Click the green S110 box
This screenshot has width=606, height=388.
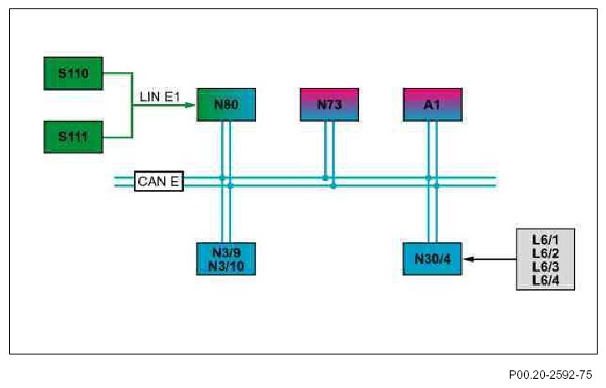click(x=73, y=73)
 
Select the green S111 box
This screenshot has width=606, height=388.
click(x=73, y=136)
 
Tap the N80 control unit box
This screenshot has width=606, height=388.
click(x=226, y=105)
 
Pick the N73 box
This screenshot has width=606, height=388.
click(x=329, y=105)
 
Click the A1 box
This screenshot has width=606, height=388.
click(x=432, y=105)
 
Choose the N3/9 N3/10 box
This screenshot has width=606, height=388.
click(x=226, y=259)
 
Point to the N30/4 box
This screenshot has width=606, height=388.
click(x=432, y=259)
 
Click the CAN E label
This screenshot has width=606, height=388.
click(x=158, y=181)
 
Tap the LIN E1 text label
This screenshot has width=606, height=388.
click(x=161, y=96)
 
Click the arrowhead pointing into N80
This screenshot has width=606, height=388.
click(x=190, y=106)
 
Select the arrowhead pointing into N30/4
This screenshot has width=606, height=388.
click(x=467, y=260)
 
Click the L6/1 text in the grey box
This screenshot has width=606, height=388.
click(x=545, y=239)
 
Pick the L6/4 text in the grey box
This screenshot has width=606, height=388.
click(x=545, y=279)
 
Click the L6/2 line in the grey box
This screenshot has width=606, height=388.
click(x=545, y=252)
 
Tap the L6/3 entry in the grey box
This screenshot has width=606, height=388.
click(x=545, y=266)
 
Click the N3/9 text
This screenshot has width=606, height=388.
click(x=226, y=253)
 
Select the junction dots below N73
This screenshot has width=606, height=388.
click(x=329, y=182)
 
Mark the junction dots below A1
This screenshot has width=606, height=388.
click(x=432, y=182)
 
